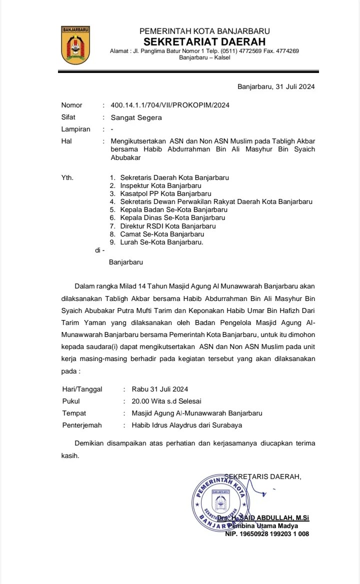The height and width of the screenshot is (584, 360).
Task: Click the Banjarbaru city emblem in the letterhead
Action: [76, 45]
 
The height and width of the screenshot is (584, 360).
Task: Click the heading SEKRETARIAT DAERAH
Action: [204, 41]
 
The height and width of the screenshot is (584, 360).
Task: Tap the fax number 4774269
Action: [286, 51]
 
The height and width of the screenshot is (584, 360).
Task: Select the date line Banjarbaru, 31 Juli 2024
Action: [276, 86]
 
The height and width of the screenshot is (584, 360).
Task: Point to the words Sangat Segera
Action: [136, 118]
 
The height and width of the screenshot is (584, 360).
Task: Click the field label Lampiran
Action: [75, 129]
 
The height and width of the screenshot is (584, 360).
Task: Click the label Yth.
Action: [67, 177]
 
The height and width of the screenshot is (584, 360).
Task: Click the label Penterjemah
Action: [82, 425]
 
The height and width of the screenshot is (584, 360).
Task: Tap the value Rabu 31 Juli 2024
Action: [160, 389]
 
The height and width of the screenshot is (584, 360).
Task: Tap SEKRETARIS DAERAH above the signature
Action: [263, 476]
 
